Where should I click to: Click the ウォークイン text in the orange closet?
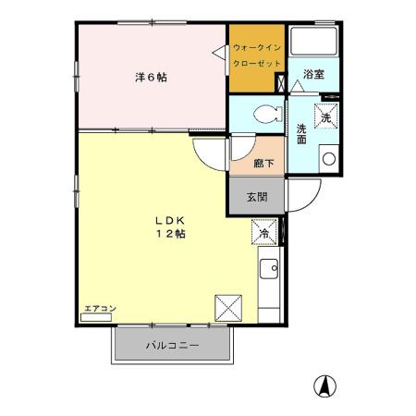point(256,47)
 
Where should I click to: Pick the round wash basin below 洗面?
point(327,158)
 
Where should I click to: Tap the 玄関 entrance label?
point(257,197)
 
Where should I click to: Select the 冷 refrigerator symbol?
point(263,234)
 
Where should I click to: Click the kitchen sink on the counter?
point(270,270)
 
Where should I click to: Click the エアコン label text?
point(95,306)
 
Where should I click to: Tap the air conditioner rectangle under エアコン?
point(95,317)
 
